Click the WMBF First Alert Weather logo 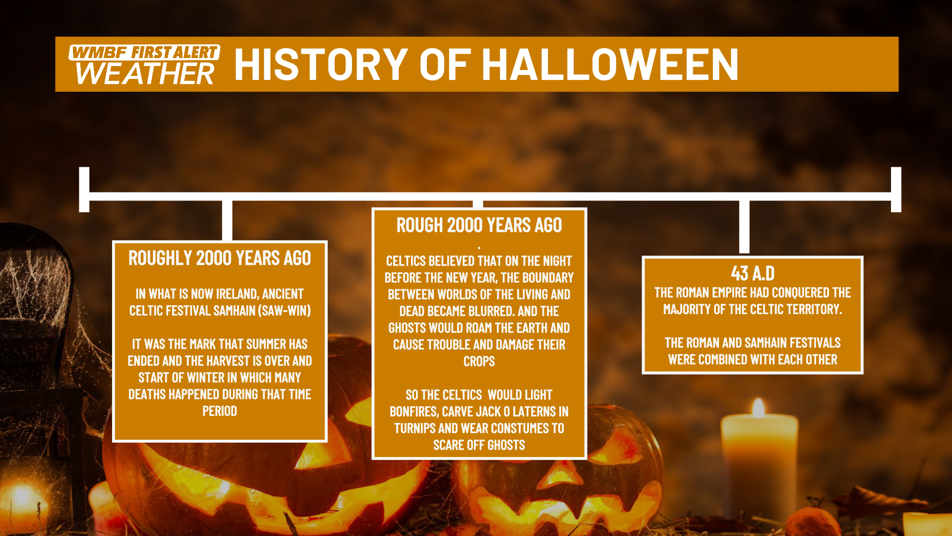144,65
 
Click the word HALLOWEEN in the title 610,64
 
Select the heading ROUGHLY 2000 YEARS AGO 220,258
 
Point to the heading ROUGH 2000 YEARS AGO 479,225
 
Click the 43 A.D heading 753,273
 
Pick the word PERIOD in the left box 220,411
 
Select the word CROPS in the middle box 479,361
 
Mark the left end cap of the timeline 84,190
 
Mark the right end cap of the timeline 896,190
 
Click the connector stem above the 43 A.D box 744,227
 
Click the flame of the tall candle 758,407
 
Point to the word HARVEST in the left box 229,361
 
